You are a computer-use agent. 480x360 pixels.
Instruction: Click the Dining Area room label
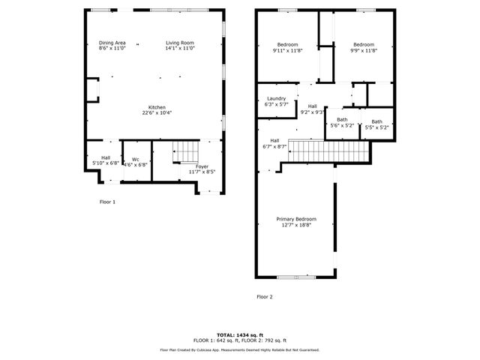112,46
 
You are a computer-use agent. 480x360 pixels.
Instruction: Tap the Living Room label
180,46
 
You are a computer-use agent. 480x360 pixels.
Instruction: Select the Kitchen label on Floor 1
157,109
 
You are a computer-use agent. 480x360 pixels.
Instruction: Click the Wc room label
136,161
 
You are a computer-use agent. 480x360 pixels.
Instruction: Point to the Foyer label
202,169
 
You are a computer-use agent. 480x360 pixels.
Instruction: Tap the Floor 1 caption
108,201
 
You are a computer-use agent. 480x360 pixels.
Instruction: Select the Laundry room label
276,101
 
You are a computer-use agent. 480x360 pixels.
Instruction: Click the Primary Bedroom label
296,221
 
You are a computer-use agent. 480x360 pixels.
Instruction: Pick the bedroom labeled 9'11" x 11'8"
287,47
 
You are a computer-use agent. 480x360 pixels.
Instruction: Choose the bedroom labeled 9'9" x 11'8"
364,47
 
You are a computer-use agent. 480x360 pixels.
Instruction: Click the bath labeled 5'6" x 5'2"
342,122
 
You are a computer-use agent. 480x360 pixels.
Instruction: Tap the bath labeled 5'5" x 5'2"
376,124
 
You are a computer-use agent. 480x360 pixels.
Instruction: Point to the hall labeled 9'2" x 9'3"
312,109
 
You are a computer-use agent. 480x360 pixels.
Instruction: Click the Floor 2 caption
265,297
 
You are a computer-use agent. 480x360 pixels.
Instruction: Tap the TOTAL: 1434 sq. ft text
240,334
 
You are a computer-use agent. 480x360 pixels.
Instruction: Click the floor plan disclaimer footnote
240,349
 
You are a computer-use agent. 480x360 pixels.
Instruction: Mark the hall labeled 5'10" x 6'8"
106,160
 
